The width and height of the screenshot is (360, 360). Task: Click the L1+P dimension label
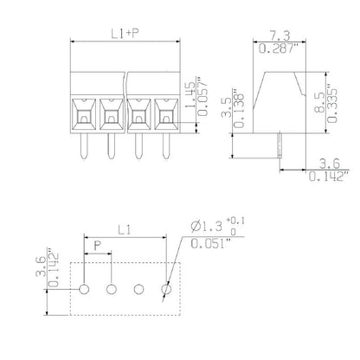(x=125, y=35)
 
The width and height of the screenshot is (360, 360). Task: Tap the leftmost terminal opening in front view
(x=85, y=112)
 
